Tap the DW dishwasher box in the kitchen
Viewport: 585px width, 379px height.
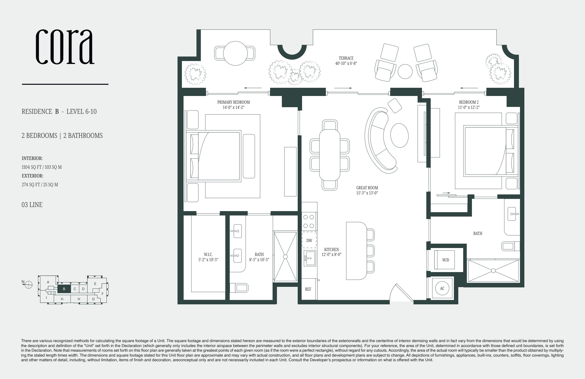tap(309, 241)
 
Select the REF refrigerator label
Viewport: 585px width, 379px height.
tap(308, 289)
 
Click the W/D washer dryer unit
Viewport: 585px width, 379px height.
tap(445, 260)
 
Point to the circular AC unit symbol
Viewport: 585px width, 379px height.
tap(442, 288)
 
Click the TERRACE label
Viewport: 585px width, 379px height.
tap(346, 58)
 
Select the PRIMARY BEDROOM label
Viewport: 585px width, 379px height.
tap(234, 102)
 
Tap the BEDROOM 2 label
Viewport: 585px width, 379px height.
tap(469, 102)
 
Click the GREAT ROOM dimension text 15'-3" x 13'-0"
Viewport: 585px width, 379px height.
tap(367, 193)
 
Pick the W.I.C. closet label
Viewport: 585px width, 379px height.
tap(208, 255)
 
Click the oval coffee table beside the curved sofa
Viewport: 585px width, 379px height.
tap(400, 135)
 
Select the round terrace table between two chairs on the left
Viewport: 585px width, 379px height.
tap(235, 53)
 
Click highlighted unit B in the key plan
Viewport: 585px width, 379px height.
tap(64, 289)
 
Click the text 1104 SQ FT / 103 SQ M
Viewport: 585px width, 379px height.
tap(42, 167)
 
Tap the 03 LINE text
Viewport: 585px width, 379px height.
tap(32, 205)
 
